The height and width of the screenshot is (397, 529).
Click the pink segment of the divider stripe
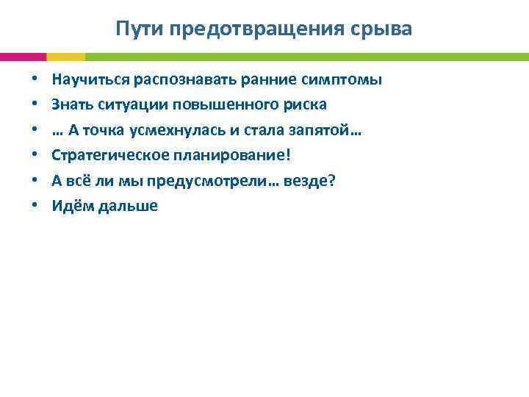click(x=23, y=57)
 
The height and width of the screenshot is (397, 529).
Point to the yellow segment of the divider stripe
click(x=65, y=57)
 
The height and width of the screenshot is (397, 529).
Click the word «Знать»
click(x=71, y=104)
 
